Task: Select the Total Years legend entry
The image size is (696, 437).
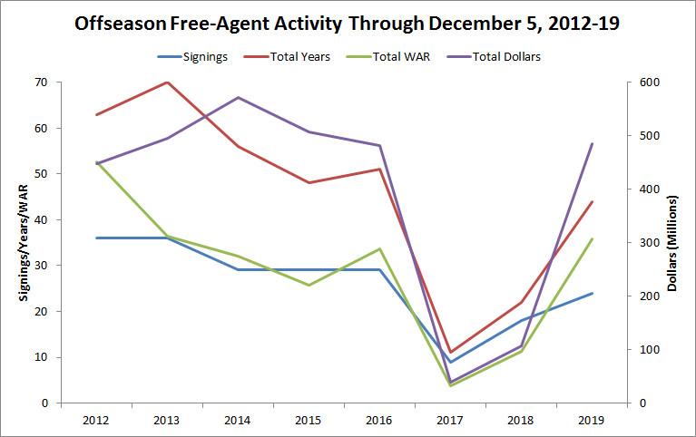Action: pyautogui.click(x=299, y=57)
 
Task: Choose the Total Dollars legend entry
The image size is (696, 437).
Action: pyautogui.click(x=498, y=57)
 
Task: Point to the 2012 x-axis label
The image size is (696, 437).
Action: pyautogui.click(x=96, y=420)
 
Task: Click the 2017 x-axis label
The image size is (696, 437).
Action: pyautogui.click(x=450, y=420)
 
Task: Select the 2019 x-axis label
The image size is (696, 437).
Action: pyautogui.click(x=592, y=420)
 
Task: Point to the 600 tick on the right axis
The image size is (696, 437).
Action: pyautogui.click(x=650, y=83)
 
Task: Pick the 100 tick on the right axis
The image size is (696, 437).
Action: pyautogui.click(x=650, y=350)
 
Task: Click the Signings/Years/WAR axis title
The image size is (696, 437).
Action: pyautogui.click(x=17, y=242)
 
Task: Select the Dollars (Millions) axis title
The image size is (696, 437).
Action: pyautogui.click(x=675, y=242)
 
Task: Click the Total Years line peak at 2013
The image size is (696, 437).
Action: pyautogui.click(x=167, y=83)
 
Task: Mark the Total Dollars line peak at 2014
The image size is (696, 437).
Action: pyautogui.click(x=238, y=97)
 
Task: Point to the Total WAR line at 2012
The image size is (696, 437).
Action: pyautogui.click(x=96, y=162)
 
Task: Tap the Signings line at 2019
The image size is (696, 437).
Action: pyautogui.click(x=592, y=293)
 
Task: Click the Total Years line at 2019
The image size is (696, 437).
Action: pyautogui.click(x=592, y=201)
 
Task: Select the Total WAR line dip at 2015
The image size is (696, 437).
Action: pyautogui.click(x=309, y=285)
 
